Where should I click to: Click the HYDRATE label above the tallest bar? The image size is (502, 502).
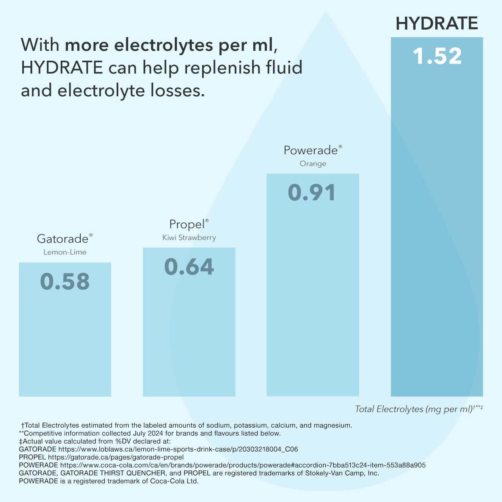[x=436, y=24]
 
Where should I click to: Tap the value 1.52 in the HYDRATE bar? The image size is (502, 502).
[x=437, y=56]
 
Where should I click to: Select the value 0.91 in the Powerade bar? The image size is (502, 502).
[x=312, y=193]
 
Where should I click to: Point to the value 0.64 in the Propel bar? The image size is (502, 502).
[x=189, y=267]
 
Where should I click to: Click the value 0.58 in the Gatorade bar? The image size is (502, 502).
[x=65, y=282]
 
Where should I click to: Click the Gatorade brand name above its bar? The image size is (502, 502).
[x=63, y=239]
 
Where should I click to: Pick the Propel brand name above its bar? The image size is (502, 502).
[x=187, y=224]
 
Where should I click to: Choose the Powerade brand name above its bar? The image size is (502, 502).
[x=311, y=151]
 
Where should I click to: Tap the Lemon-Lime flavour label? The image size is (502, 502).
[x=65, y=252]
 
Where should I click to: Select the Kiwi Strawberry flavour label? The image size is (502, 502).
[x=189, y=238]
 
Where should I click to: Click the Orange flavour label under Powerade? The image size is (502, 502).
[x=313, y=164]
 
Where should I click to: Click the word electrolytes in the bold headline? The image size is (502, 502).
[x=163, y=45]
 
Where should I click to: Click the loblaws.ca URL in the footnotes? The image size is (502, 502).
[x=178, y=449]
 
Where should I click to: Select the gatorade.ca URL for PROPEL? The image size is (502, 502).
[x=116, y=457]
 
